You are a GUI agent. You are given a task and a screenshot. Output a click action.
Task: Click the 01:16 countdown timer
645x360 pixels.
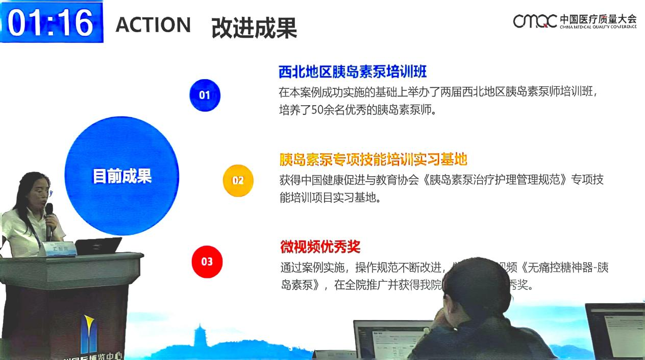tap(51, 22)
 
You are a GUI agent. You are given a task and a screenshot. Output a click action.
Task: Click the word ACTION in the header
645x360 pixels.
tap(153, 25)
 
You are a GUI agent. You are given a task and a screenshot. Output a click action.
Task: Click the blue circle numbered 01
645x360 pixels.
tap(205, 95)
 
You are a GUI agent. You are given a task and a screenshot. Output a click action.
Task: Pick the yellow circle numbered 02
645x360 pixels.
tap(238, 180)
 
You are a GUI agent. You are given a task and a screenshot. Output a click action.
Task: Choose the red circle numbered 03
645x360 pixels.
tap(207, 261)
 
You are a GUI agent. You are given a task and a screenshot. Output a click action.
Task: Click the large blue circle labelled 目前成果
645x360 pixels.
tap(122, 176)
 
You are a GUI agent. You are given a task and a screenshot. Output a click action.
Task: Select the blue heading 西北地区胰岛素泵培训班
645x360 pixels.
tap(353, 71)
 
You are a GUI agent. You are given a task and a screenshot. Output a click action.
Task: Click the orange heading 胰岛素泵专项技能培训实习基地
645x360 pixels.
tap(373, 159)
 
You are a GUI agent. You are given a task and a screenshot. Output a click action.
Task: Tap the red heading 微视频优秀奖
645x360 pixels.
tap(320, 247)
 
